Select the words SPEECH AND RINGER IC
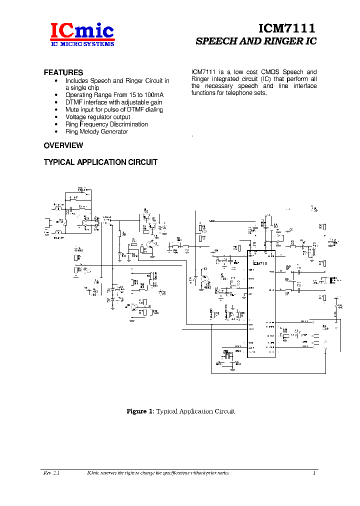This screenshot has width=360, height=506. (x=255, y=41)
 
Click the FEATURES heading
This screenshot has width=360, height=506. (x=63, y=72)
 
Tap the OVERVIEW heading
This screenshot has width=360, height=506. (x=63, y=145)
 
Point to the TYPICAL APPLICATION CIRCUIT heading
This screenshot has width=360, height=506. (x=100, y=162)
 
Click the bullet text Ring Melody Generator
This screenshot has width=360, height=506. (x=96, y=131)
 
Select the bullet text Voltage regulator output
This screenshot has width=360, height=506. (x=97, y=117)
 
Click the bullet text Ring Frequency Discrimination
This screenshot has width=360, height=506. (x=106, y=124)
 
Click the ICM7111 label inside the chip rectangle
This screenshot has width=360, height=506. (x=260, y=263)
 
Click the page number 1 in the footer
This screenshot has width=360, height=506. (x=314, y=473)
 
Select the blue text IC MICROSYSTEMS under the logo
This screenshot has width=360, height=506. (x=82, y=44)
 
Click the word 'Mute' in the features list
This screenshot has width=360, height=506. (x=72, y=109)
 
